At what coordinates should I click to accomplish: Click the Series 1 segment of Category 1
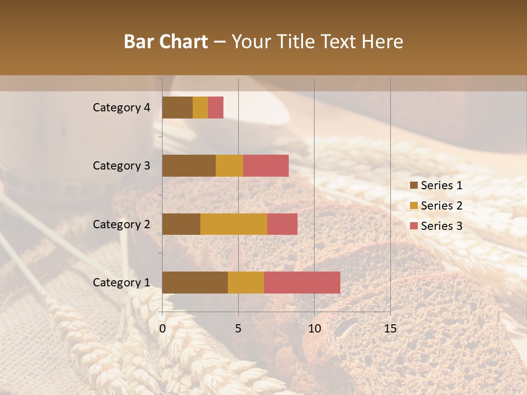(195, 282)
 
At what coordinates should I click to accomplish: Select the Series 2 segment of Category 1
(246, 282)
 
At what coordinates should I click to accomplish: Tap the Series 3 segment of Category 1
(302, 282)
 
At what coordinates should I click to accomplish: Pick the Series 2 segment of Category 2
(234, 224)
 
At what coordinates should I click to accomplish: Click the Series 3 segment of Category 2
(282, 224)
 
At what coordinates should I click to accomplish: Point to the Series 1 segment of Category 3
(189, 166)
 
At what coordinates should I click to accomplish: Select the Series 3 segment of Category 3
(266, 166)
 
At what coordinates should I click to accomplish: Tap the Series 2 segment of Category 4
(200, 108)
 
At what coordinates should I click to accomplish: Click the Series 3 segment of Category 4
(216, 108)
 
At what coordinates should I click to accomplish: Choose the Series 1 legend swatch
(413, 185)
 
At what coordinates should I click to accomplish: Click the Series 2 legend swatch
(413, 206)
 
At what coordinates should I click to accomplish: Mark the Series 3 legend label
(441, 226)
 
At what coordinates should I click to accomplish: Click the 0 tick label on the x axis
(162, 329)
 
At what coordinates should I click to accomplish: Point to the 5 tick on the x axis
(238, 329)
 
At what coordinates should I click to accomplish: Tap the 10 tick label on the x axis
(314, 329)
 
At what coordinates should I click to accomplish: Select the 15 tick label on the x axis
(390, 329)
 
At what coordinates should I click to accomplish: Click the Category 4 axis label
(121, 108)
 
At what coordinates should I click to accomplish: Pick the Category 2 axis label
(121, 224)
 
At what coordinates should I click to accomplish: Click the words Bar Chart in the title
(166, 42)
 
